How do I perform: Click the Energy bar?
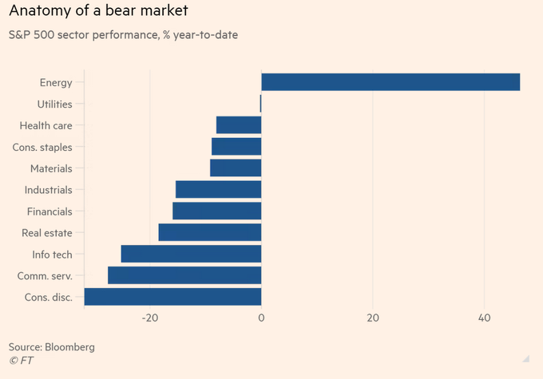click(390, 82)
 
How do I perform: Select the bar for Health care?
click(239, 125)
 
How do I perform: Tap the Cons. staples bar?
click(236, 147)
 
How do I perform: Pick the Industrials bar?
click(218, 190)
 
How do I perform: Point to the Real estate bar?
click(210, 233)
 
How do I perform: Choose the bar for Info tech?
click(191, 254)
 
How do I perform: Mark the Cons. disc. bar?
click(172, 297)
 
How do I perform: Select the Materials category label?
click(51, 169)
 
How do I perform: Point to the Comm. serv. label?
click(45, 276)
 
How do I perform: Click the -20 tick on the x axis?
click(149, 318)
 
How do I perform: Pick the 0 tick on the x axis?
click(261, 318)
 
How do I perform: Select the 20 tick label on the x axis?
click(372, 318)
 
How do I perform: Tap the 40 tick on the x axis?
click(484, 318)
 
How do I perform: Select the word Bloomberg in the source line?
click(70, 347)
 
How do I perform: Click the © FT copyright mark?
click(21, 361)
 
